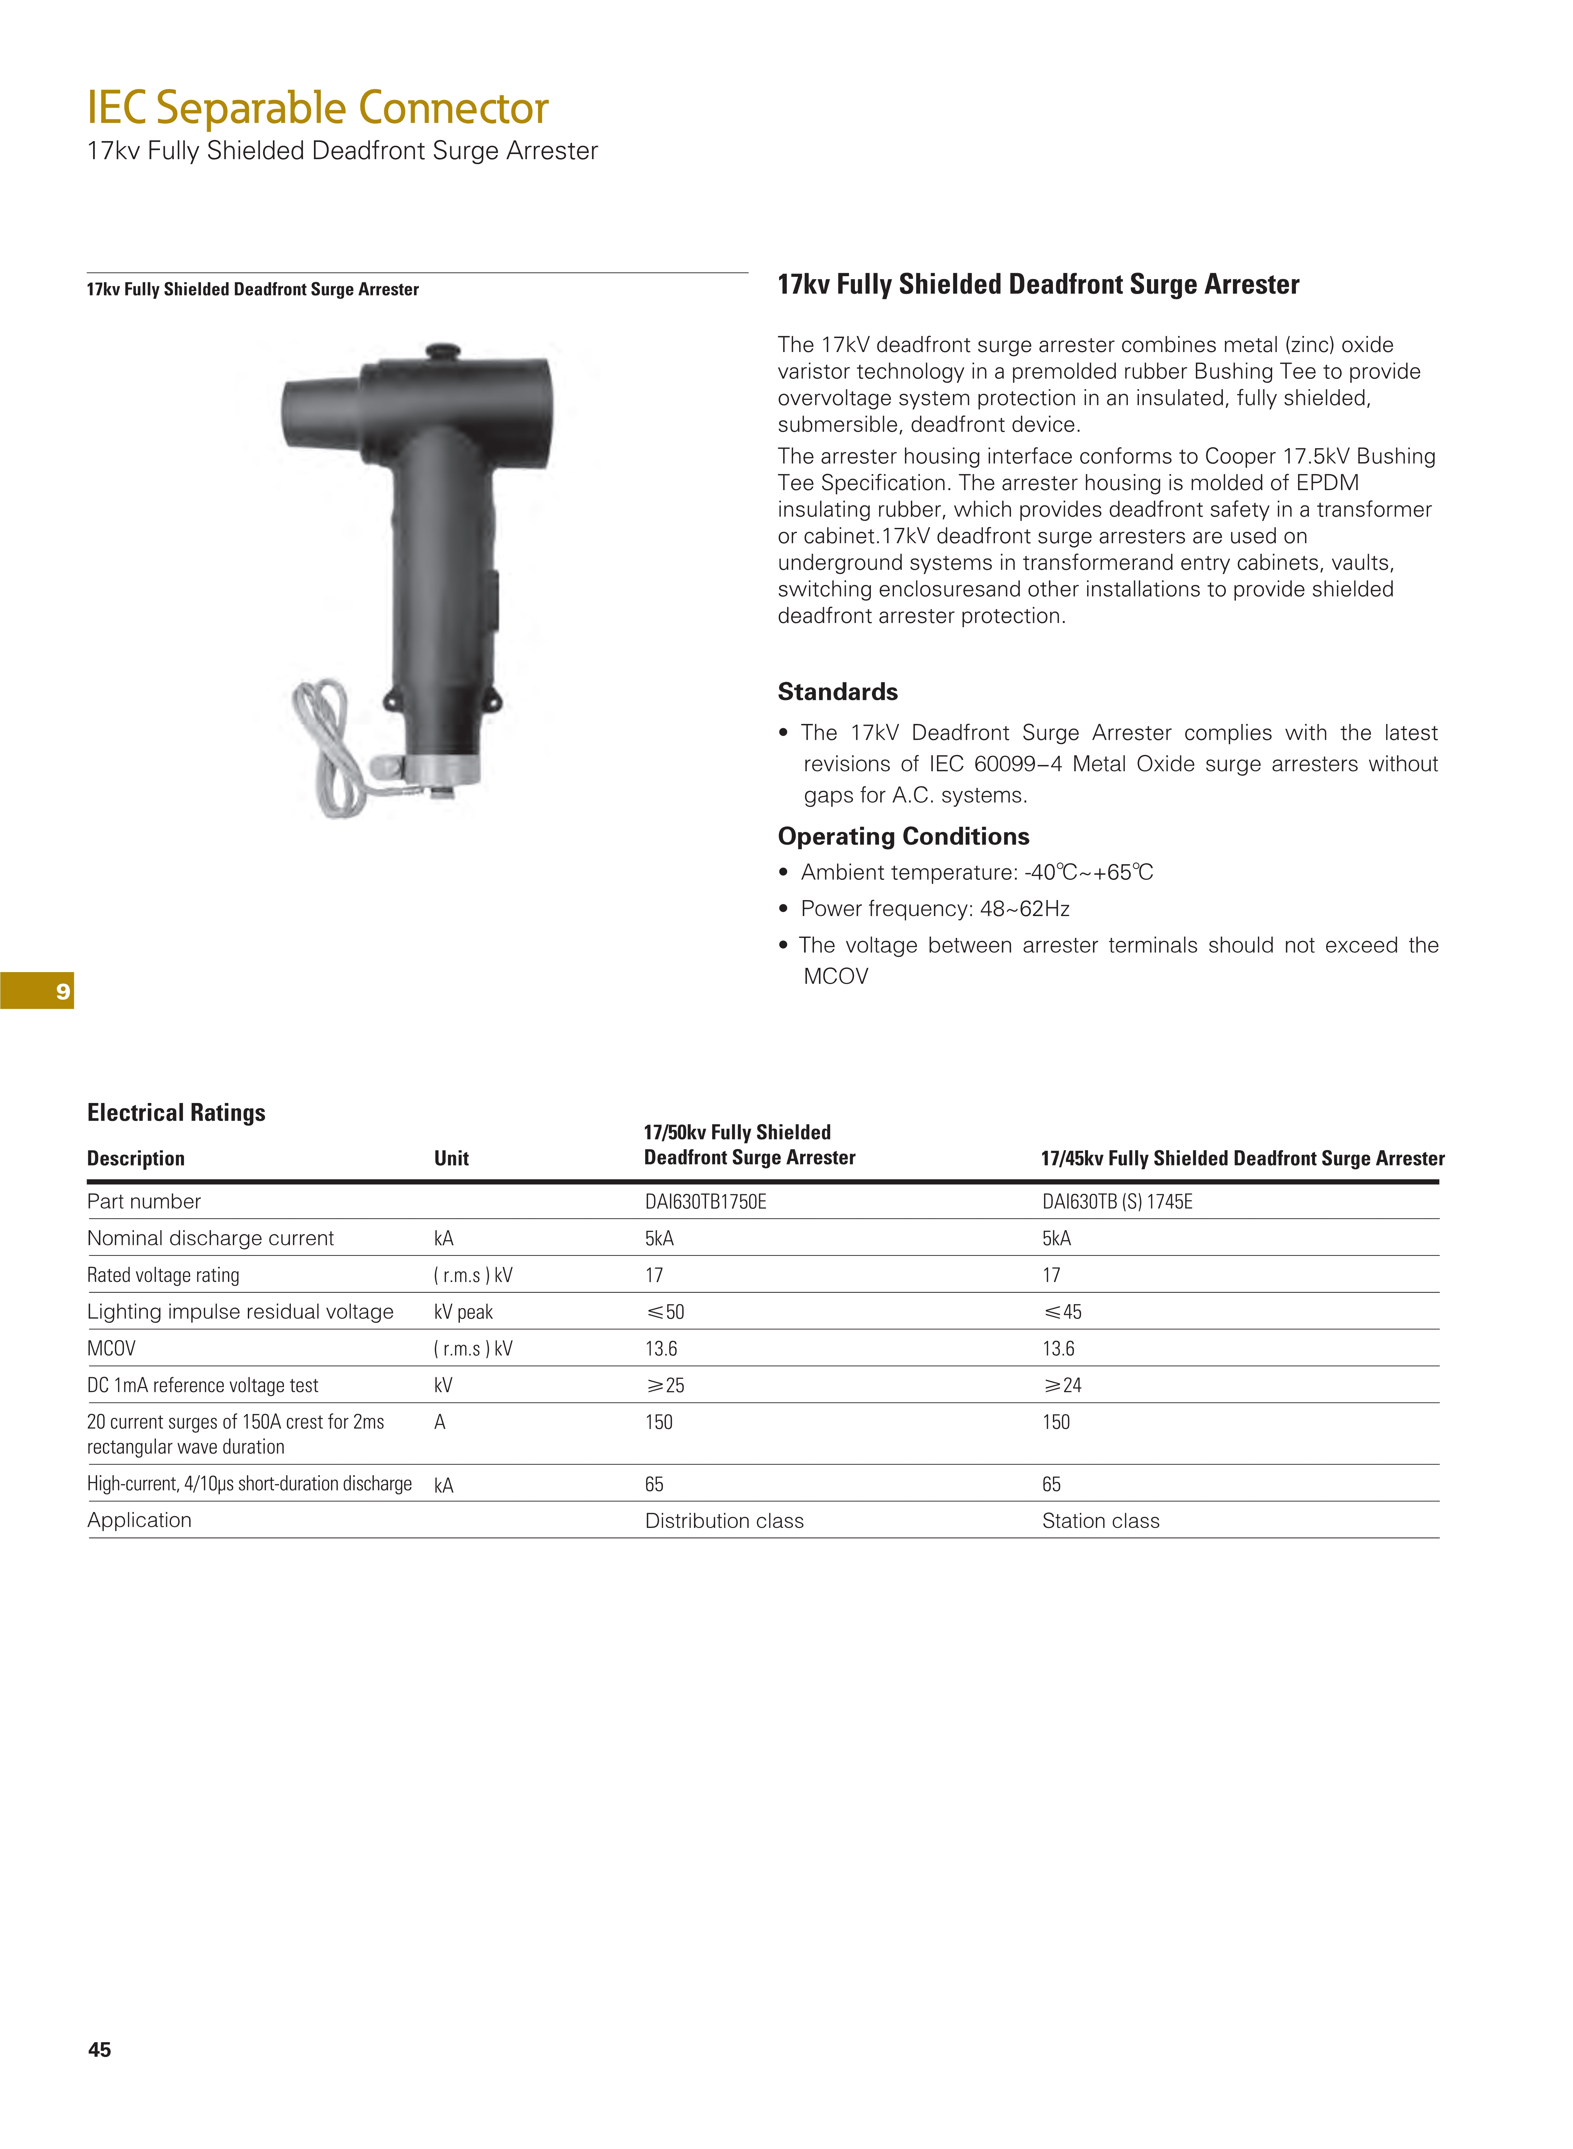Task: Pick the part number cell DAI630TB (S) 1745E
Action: coord(1117,1202)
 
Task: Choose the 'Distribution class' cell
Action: coord(724,1520)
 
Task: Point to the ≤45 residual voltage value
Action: coord(1063,1312)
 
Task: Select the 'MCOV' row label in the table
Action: coord(111,1348)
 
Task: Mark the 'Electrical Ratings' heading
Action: coord(176,1112)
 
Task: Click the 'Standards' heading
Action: coord(837,691)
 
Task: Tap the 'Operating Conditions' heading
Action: coord(903,836)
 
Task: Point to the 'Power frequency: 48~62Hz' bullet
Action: coord(934,908)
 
